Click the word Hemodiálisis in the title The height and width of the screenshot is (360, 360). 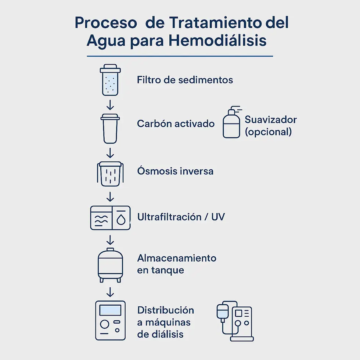coord(217,40)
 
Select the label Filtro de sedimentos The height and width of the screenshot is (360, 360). coord(185,80)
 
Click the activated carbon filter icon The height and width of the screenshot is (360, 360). coord(110,128)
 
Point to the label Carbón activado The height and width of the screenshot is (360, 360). coord(176,124)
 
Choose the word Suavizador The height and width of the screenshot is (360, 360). coord(271,120)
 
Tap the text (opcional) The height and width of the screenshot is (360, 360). coord(268,132)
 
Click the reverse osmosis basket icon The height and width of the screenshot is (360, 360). coord(110,173)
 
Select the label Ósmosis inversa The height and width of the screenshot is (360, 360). coord(175,171)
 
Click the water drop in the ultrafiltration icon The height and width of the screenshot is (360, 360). coord(121,219)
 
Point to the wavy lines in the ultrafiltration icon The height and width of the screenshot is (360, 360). coord(101,220)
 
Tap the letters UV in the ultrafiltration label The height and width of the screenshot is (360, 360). coord(218,217)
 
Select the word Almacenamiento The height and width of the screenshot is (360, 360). coord(177,258)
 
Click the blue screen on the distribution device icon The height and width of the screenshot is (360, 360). coord(110,310)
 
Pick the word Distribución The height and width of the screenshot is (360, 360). coord(165,310)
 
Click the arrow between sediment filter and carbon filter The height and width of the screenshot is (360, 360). coord(110,105)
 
